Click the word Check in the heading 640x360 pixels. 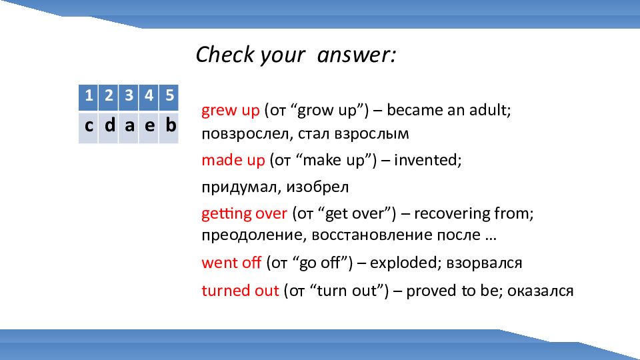[225, 54]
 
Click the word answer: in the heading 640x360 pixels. [356, 55]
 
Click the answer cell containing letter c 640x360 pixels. [88, 127]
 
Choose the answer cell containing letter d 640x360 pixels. [109, 127]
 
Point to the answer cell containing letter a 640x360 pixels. [129, 127]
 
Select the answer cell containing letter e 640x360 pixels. [149, 127]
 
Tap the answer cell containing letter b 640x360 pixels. [169, 127]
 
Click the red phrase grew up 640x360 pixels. [231, 110]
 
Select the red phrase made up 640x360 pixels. [233, 160]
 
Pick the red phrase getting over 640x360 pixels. [245, 213]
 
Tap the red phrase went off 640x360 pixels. [231, 263]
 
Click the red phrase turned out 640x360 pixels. [241, 291]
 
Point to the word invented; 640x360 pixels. [428, 160]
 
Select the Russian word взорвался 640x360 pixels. [484, 263]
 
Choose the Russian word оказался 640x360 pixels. [541, 291]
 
